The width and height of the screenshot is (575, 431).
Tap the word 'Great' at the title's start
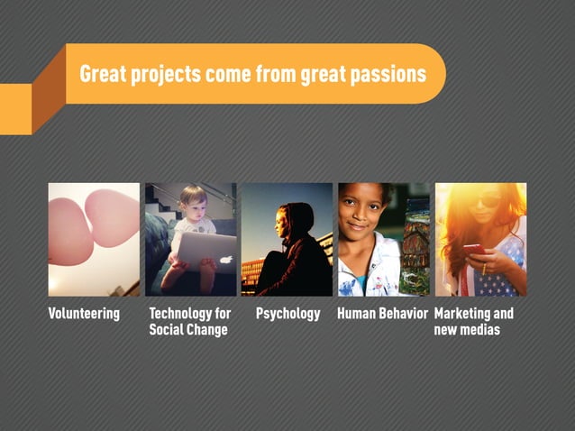click(x=101, y=74)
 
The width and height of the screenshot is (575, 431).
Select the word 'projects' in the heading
click(x=163, y=75)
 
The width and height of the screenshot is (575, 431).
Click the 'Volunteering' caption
click(x=84, y=314)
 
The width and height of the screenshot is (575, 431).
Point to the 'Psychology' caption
click(x=288, y=314)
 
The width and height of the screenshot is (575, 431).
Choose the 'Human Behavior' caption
click(x=382, y=314)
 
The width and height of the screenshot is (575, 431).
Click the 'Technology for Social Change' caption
click(x=189, y=322)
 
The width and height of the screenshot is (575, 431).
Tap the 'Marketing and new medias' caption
click(x=473, y=322)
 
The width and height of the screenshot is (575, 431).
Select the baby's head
click(x=193, y=199)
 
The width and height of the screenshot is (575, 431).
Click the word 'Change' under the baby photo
click(x=207, y=330)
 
